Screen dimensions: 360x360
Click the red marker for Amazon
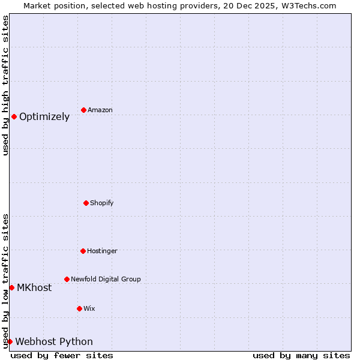pyautogui.click(x=83, y=110)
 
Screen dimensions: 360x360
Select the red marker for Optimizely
pyautogui.click(x=14, y=116)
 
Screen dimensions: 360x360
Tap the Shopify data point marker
pyautogui.click(x=86, y=203)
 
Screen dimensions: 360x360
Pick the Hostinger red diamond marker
pyautogui.click(x=83, y=251)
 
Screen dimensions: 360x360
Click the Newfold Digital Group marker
pyautogui.click(x=67, y=279)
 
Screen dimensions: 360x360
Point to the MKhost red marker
pyautogui.click(x=11, y=287)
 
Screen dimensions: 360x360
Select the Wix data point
pyautogui.click(x=79, y=308)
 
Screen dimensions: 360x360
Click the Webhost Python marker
pyautogui.click(x=10, y=341)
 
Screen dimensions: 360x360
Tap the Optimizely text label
pyautogui.click(x=44, y=117)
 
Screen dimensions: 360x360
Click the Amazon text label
pyautogui.click(x=100, y=110)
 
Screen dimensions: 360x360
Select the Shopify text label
pyautogui.click(x=102, y=203)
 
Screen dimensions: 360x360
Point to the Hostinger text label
pyautogui.click(x=102, y=251)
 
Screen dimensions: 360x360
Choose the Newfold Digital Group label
pyautogui.click(x=106, y=279)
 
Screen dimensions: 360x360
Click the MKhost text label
pyautogui.click(x=34, y=288)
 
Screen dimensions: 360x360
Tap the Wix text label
pyautogui.click(x=89, y=308)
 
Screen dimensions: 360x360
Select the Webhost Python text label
pyautogui.click(x=54, y=342)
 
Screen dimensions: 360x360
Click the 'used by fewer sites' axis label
pyautogui.click(x=62, y=355)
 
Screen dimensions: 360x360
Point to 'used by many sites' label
pyautogui.click(x=301, y=355)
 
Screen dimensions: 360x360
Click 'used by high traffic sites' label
pyautogui.click(x=5, y=85)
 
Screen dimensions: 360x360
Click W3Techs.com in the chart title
pyautogui.click(x=305, y=5)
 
